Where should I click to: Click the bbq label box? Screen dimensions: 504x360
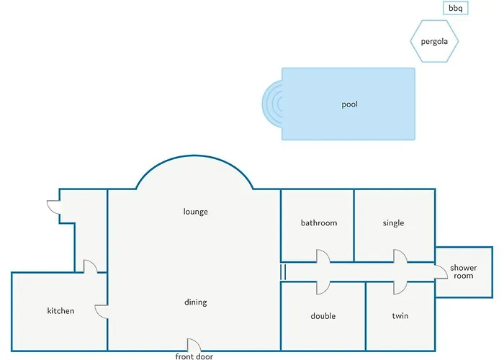pos(456,8)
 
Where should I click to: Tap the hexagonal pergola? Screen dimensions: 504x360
pos(434,41)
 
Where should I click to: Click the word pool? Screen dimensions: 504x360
pos(349,104)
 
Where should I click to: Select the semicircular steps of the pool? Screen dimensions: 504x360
pos(272,104)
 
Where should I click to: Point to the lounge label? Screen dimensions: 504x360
pos(195,212)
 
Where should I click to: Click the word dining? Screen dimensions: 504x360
pos(195,302)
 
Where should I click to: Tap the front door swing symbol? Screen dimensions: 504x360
pos(194,344)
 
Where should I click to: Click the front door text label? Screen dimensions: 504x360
pos(194,356)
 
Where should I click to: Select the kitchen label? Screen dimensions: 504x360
pos(60,311)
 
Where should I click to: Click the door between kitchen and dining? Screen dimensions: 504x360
pos(102,312)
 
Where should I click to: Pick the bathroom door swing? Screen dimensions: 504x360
pos(323,256)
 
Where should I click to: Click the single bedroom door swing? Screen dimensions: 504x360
pos(400,256)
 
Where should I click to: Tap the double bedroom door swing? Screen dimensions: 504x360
pos(323,288)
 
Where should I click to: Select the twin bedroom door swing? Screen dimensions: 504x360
pos(400,288)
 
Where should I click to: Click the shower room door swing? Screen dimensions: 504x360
pos(441,272)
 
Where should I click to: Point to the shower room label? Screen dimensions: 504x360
pos(464,271)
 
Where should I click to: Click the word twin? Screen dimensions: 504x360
pos(400,316)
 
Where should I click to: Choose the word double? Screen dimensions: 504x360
pos(323,316)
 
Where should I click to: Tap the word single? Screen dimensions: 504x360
pos(393,223)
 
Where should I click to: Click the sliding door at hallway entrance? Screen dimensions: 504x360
pos(283,272)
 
